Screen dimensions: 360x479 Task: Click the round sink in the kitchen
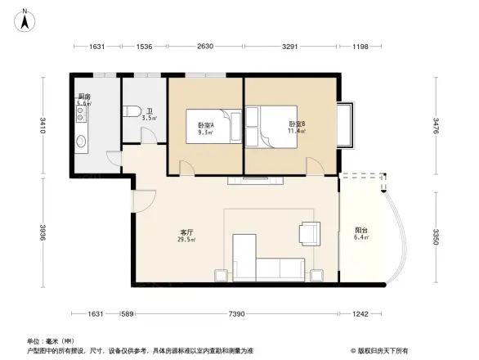(81, 142)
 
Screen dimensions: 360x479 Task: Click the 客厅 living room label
(187, 232)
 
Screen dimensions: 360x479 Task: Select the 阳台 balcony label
(360, 230)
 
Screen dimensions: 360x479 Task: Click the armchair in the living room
(311, 234)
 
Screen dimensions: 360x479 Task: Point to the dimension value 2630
(204, 47)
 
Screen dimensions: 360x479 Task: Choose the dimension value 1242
(362, 313)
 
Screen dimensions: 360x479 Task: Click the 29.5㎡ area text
(187, 241)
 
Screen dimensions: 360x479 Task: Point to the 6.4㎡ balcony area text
(360, 238)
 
